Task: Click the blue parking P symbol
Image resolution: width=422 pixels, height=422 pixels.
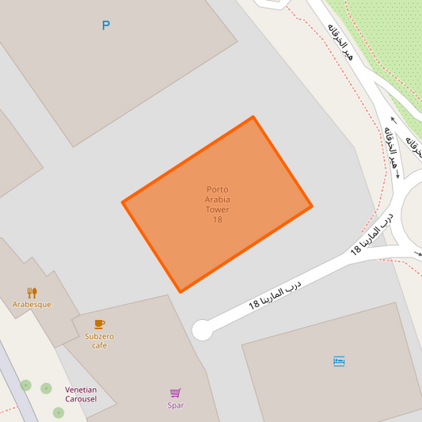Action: (x=105, y=26)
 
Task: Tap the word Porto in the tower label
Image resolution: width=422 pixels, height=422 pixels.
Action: (x=217, y=189)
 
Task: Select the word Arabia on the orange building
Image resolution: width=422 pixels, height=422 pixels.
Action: (x=217, y=200)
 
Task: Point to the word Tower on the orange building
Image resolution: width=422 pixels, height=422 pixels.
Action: (x=217, y=210)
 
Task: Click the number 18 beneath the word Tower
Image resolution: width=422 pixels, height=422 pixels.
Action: (x=217, y=219)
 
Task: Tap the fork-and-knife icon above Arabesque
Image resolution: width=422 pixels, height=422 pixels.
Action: (x=32, y=292)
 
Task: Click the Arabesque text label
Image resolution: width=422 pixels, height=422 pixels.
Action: (x=32, y=304)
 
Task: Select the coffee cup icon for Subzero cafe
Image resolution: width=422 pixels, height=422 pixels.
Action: (x=99, y=324)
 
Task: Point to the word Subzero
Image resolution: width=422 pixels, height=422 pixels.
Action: (x=99, y=336)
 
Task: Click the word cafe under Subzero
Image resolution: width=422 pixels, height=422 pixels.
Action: (x=99, y=345)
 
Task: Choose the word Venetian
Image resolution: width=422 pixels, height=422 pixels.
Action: (x=81, y=390)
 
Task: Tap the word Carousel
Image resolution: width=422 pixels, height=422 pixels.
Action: (x=81, y=398)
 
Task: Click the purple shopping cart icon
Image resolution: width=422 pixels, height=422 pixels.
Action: (x=176, y=393)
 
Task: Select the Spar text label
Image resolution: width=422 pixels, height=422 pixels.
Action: (x=176, y=405)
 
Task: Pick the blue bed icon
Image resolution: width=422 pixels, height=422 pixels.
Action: (x=339, y=361)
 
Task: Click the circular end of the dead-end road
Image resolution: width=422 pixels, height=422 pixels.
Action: (x=203, y=329)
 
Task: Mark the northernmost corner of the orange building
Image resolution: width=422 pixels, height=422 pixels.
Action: (x=253, y=118)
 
